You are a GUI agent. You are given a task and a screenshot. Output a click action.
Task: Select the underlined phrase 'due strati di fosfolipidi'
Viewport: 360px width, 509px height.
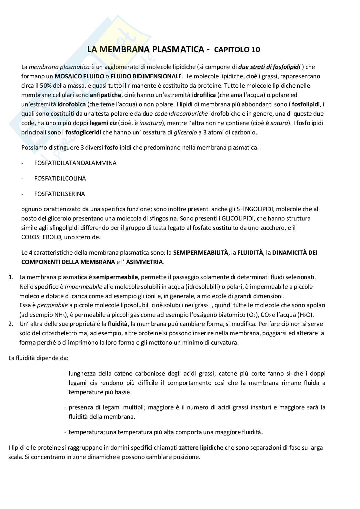click(x=269, y=67)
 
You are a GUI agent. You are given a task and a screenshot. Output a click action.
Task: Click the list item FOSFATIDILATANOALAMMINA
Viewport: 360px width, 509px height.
click(x=75, y=163)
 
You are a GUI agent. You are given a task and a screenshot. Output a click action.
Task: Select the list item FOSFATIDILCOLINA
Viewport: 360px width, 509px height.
click(x=60, y=178)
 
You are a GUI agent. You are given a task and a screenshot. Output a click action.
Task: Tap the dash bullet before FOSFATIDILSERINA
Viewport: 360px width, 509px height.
click(x=22, y=194)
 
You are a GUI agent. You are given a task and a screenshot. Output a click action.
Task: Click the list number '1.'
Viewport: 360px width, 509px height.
click(x=11, y=277)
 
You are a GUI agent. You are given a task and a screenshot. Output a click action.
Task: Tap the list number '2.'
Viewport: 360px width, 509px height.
click(x=11, y=324)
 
